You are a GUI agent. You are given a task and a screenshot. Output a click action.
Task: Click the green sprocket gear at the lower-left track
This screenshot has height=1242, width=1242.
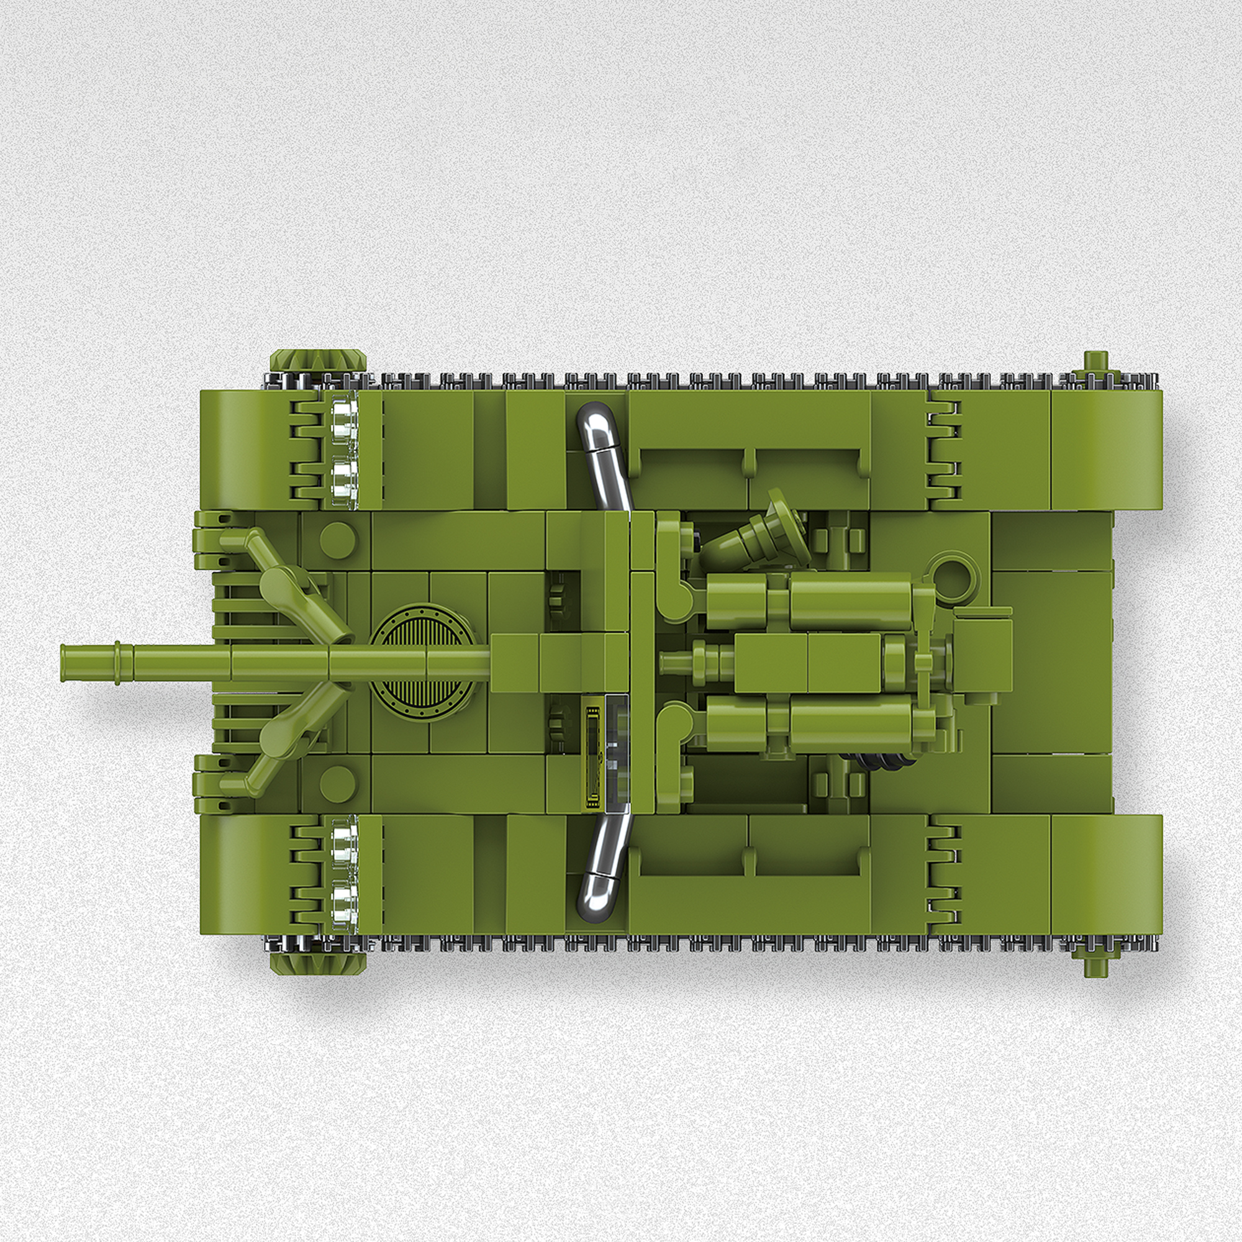[x=317, y=962]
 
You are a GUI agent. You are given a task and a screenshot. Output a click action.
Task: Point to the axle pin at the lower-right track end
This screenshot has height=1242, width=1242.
[x=1096, y=964]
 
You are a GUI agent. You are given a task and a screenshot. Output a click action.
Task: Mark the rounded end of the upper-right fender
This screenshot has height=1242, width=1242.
[x=1138, y=450]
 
